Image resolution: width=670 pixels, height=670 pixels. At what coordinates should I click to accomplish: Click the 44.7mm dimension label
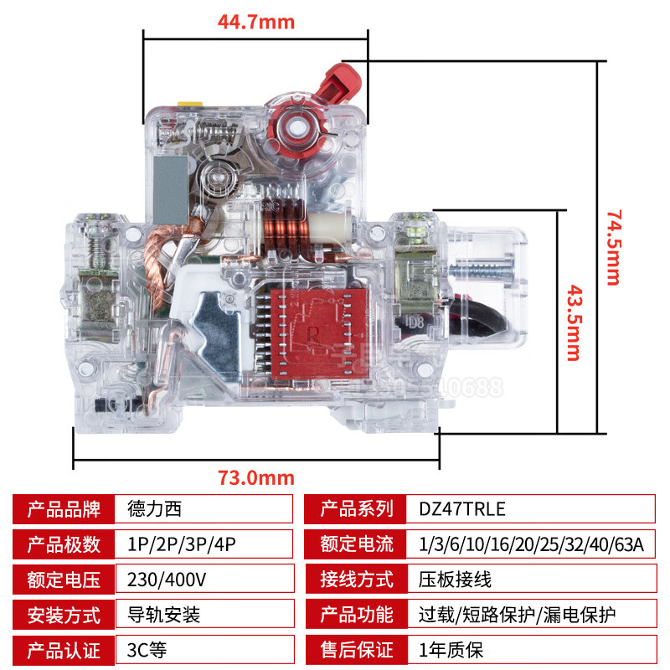coord(256,23)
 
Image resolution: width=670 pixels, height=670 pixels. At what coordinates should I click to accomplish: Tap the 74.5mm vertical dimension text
coord(615,247)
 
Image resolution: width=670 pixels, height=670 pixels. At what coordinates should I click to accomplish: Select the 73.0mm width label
coord(256,478)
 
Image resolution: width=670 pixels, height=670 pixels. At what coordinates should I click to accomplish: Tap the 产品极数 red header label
coord(64,544)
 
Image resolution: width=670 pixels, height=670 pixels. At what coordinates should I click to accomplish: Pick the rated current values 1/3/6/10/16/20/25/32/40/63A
coord(533,544)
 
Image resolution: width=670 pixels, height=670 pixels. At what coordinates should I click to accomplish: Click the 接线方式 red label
coord(357,580)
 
